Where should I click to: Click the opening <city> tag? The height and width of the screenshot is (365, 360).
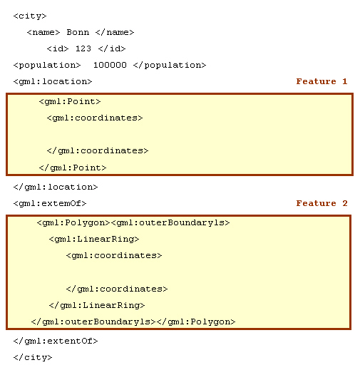click(30, 16)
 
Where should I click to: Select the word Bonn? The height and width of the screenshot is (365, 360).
click(78, 32)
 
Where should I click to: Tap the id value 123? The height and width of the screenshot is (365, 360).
click(83, 48)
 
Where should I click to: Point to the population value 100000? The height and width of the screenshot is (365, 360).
click(110, 65)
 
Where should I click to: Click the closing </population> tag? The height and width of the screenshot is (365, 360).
click(170, 65)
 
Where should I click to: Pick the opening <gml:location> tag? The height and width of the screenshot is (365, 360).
click(53, 81)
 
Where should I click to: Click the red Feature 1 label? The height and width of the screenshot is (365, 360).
click(322, 81)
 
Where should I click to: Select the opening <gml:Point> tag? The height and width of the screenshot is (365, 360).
click(70, 102)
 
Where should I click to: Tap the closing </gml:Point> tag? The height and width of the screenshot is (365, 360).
click(73, 168)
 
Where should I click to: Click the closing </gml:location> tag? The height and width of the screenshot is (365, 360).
click(56, 187)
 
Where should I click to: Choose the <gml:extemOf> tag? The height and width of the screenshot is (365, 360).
click(50, 203)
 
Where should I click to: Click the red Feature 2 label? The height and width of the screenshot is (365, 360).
click(322, 203)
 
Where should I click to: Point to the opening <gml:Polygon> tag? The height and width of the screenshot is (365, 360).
click(73, 223)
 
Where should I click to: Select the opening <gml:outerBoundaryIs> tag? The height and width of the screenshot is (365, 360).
click(170, 222)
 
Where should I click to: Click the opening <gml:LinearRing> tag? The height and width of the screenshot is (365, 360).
click(94, 239)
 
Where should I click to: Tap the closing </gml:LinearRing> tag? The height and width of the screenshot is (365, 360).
click(97, 305)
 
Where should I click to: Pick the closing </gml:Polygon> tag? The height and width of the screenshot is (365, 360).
click(196, 322)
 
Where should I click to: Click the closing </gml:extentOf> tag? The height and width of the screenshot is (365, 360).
click(56, 341)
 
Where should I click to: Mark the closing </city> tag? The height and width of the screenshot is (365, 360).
click(33, 357)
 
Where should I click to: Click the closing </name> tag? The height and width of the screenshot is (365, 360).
click(115, 32)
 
